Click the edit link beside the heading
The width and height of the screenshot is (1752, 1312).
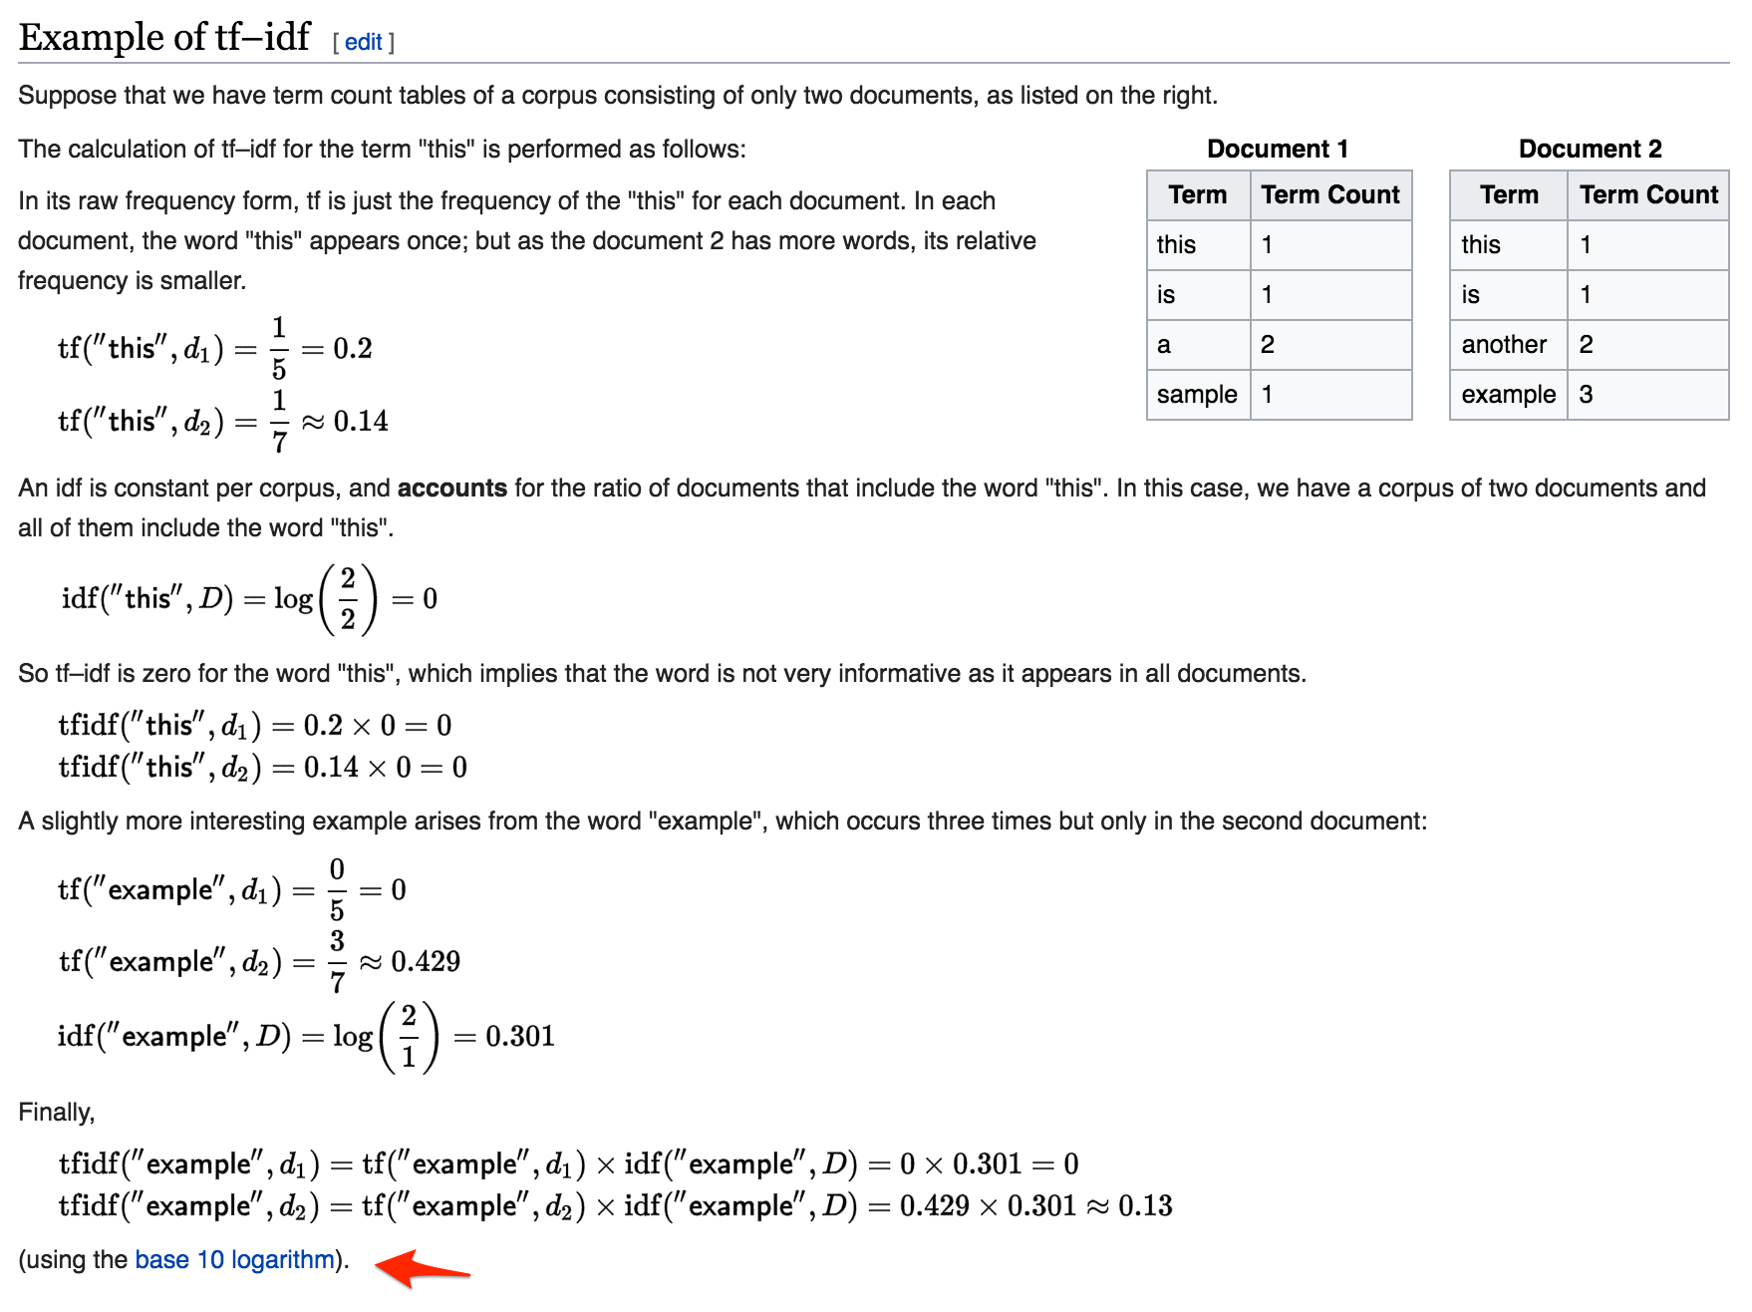pyautogui.click(x=364, y=42)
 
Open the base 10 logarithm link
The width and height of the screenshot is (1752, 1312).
pyautogui.click(x=234, y=1259)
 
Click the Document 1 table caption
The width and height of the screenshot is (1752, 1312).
pyautogui.click(x=1277, y=149)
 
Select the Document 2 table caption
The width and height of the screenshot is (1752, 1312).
pyautogui.click(x=1590, y=149)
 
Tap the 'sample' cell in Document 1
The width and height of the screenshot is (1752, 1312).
pyautogui.click(x=1197, y=395)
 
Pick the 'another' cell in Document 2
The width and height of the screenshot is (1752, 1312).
pyautogui.click(x=1504, y=345)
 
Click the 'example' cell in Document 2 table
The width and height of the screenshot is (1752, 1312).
pyautogui.click(x=1508, y=395)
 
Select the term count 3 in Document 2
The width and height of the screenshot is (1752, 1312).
pyautogui.click(x=1586, y=395)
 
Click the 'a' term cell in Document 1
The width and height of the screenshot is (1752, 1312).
pyautogui.click(x=1164, y=345)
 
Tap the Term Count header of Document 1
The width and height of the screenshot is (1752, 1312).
pyautogui.click(x=1330, y=194)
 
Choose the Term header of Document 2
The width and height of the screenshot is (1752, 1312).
pyautogui.click(x=1509, y=194)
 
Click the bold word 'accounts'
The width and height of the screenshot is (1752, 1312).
pyautogui.click(x=452, y=488)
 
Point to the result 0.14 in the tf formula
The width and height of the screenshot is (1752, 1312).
pyautogui.click(x=361, y=421)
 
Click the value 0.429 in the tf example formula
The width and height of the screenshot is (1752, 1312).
pyautogui.click(x=426, y=961)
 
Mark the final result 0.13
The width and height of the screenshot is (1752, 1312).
pyautogui.click(x=1145, y=1205)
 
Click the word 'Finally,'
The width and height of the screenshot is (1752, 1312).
pyautogui.click(x=57, y=1112)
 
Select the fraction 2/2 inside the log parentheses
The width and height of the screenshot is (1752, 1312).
pyautogui.click(x=348, y=598)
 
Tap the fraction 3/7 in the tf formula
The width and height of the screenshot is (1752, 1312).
pyautogui.click(x=337, y=961)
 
